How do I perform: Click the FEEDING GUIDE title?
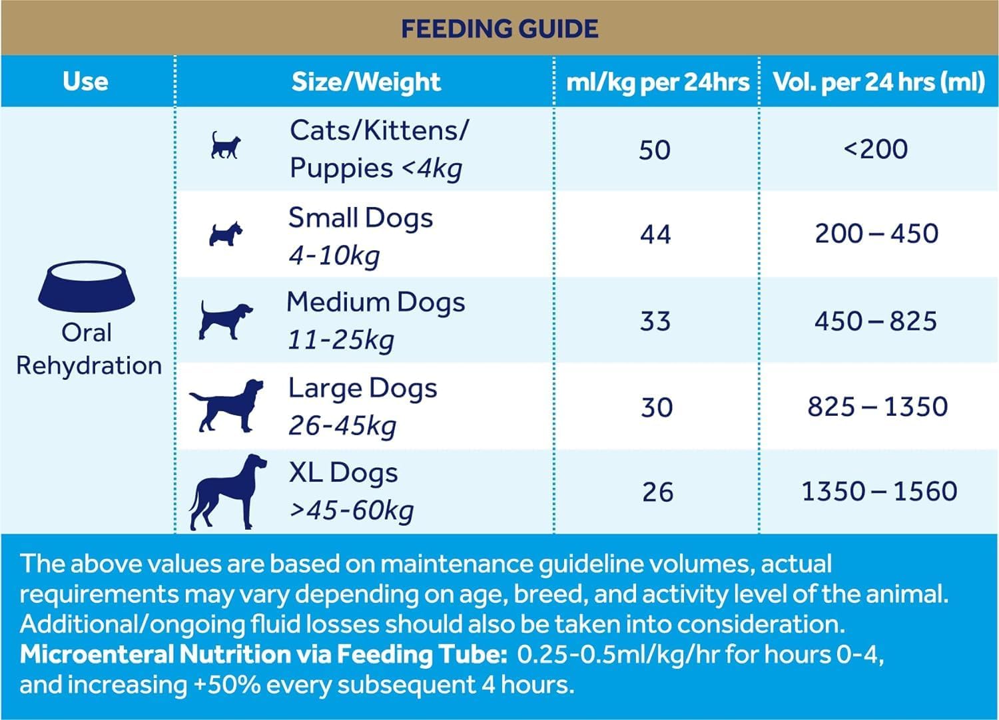(x=499, y=29)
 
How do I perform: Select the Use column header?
(x=86, y=81)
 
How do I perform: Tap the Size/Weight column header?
(x=366, y=82)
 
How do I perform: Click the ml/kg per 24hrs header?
(x=657, y=82)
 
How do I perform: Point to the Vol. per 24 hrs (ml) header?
(x=878, y=82)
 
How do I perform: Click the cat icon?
(x=225, y=145)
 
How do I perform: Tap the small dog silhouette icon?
(x=225, y=234)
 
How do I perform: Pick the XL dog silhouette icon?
(x=228, y=492)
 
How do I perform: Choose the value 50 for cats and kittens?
(x=655, y=150)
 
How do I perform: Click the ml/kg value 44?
(x=655, y=234)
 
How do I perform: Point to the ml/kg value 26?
(x=657, y=492)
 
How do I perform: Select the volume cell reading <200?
(x=876, y=149)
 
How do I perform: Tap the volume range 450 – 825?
(x=876, y=321)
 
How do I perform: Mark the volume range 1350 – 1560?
(x=879, y=492)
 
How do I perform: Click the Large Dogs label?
(x=362, y=388)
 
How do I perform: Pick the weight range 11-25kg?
(x=340, y=341)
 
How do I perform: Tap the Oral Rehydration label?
(x=88, y=349)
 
